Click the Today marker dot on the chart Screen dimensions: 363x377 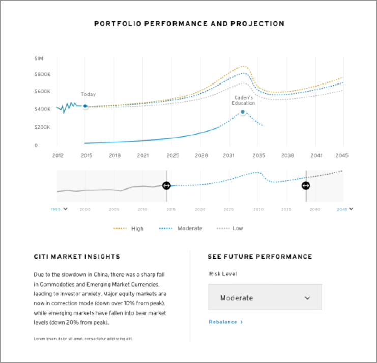point(85,106)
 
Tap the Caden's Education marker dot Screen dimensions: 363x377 point(243,112)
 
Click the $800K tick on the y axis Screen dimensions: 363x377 point(42,75)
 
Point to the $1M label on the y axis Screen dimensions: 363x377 point(39,59)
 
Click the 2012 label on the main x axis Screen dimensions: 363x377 point(57,155)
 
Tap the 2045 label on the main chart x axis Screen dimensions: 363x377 point(342,155)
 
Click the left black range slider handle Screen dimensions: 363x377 point(166,186)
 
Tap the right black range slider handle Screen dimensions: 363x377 point(306,186)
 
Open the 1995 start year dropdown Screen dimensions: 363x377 point(65,209)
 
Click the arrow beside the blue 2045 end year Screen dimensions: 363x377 point(351,209)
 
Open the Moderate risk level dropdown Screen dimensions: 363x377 point(265,298)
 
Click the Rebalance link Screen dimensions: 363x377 point(225,322)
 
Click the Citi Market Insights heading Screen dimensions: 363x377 point(77,257)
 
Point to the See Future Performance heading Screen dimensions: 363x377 point(259,257)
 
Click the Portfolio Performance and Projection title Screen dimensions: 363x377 point(189,24)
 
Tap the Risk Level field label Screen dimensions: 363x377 point(223,274)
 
